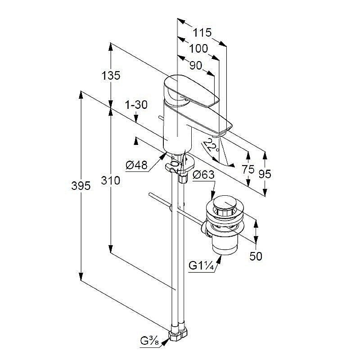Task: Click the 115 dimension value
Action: click(x=202, y=32)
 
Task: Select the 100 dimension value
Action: click(x=198, y=49)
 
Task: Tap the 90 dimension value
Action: click(x=196, y=66)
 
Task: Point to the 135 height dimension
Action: click(x=111, y=76)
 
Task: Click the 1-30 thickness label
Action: click(x=136, y=105)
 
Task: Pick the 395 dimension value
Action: click(x=81, y=185)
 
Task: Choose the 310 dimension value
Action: click(x=111, y=180)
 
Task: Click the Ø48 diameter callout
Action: click(x=136, y=165)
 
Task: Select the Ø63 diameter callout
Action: click(x=203, y=175)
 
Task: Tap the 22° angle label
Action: click(x=211, y=145)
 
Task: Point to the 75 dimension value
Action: click(x=248, y=170)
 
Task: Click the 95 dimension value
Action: click(x=265, y=174)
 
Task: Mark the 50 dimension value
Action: click(x=256, y=256)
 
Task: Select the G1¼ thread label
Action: click(x=201, y=266)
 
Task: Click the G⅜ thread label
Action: click(x=149, y=342)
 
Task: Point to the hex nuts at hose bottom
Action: click(x=178, y=334)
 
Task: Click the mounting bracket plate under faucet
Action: click(x=180, y=165)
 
